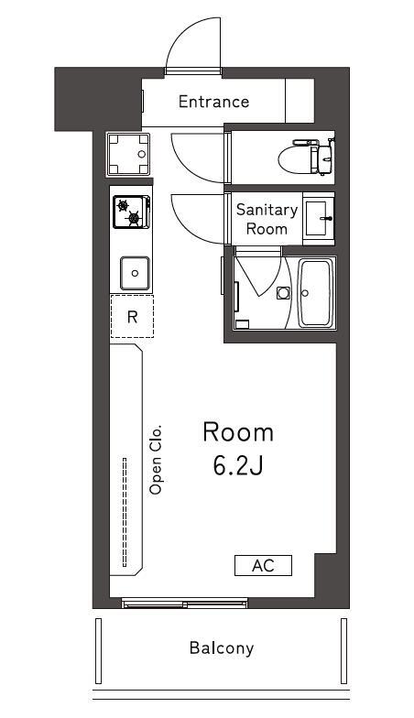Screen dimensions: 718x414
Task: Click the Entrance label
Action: [x=213, y=102]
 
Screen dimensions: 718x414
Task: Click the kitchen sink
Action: [x=135, y=273]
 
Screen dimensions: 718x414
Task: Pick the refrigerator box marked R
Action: [x=132, y=317]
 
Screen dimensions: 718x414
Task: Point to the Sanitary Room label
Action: [x=267, y=219]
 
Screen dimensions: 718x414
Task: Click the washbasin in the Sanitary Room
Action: [x=319, y=217]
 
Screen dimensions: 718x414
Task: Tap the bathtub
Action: [x=316, y=293]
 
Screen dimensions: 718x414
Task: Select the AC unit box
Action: [x=263, y=565]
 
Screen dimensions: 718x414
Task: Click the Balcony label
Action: [x=221, y=647]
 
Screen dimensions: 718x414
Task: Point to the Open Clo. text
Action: [x=156, y=459]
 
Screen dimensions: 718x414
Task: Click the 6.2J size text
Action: [x=238, y=465]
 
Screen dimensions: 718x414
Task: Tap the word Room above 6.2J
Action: [x=238, y=431]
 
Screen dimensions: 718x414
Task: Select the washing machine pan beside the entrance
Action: [x=129, y=154]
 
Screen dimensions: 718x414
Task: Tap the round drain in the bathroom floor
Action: [x=283, y=293]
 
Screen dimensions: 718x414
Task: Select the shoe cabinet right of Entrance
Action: [x=300, y=102]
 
